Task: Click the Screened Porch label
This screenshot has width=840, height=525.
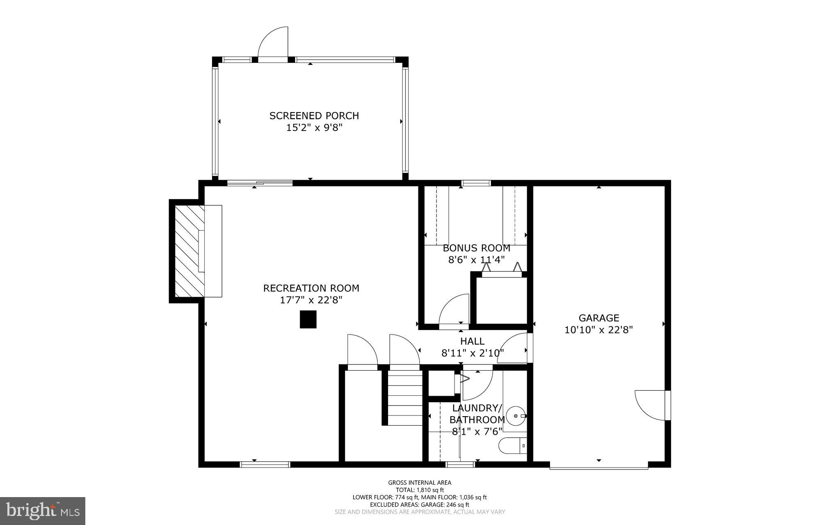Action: (314, 116)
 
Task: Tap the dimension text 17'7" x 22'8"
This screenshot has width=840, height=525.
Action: (311, 300)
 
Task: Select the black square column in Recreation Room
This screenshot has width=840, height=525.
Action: (308, 319)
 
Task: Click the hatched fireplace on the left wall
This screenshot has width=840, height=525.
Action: (189, 251)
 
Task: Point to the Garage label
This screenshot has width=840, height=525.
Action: (598, 318)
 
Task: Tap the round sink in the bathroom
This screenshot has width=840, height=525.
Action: (516, 416)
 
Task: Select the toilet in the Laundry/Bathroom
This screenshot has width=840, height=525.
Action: (512, 445)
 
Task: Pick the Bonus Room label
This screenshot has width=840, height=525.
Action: (476, 248)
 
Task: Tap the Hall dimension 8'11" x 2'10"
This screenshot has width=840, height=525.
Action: (472, 353)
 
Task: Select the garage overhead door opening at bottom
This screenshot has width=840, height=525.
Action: (598, 467)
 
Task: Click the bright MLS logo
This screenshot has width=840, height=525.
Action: (43, 511)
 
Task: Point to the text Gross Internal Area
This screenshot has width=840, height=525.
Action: (420, 483)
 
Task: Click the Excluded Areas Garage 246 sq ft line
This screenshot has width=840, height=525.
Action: (420, 504)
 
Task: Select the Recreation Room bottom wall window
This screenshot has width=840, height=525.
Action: (265, 464)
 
